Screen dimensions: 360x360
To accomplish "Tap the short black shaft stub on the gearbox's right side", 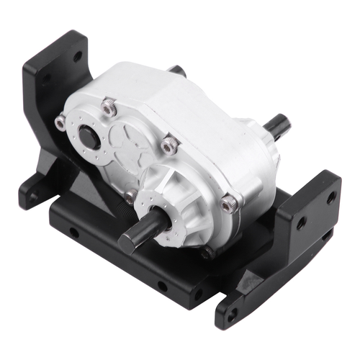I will coord(277,127).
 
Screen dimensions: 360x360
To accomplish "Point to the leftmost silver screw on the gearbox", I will coord(60,123).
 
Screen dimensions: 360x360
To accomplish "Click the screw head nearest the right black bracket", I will coord(229,205).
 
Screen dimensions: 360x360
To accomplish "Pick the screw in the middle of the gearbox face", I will coord(170,145).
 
